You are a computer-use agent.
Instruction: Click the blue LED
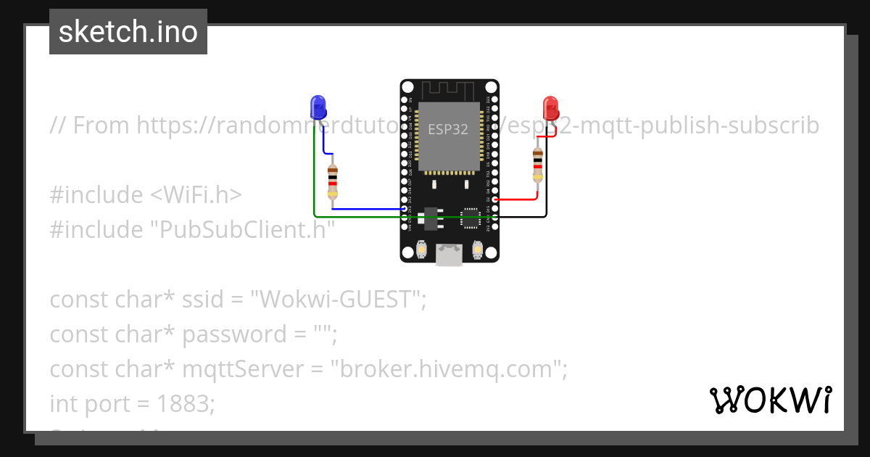pos(318,107)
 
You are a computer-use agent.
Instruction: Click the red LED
pos(550,108)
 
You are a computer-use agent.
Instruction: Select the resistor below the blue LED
pos(332,181)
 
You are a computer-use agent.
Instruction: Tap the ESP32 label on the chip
pos(447,130)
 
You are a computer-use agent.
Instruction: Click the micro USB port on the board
pos(449,255)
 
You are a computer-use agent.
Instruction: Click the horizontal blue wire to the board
pos(370,209)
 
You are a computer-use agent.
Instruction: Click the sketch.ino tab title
pos(128,32)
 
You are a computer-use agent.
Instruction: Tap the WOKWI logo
pos(770,400)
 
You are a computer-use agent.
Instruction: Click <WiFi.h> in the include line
pos(196,195)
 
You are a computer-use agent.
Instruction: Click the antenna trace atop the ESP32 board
pos(449,91)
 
